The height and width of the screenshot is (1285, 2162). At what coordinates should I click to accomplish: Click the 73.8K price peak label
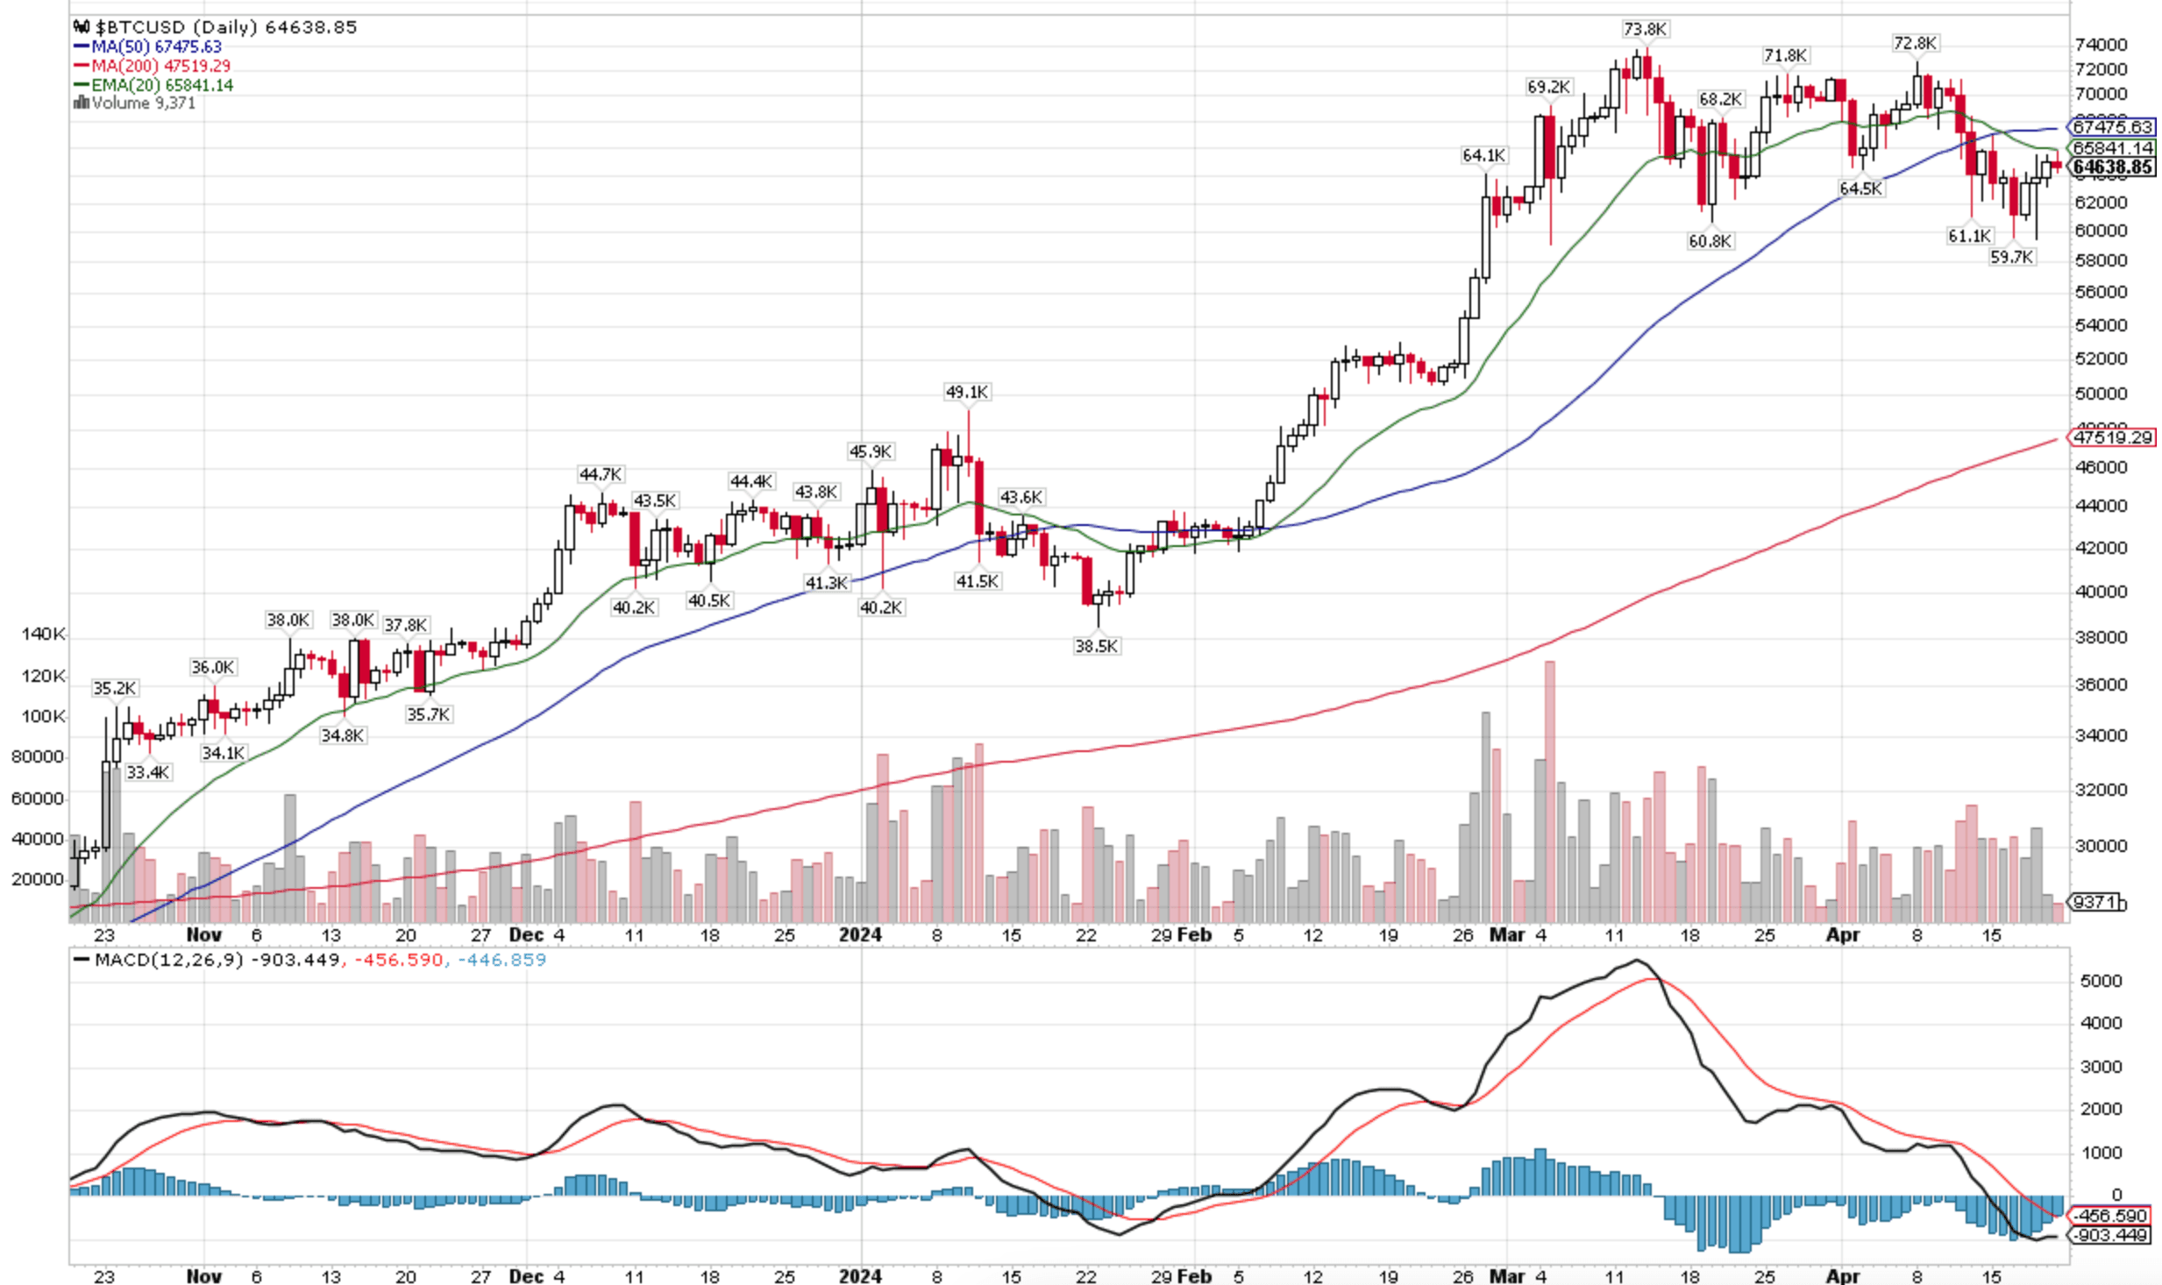tap(1644, 30)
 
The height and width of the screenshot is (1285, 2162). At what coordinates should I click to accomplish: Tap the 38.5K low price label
tap(1096, 646)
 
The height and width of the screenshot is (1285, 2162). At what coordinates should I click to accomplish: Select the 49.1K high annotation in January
tap(967, 392)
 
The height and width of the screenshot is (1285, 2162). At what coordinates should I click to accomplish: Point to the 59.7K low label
tap(2011, 257)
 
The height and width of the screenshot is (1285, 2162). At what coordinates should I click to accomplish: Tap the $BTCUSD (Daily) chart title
tap(175, 27)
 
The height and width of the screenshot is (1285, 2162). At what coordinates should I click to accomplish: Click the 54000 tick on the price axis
tap(2101, 325)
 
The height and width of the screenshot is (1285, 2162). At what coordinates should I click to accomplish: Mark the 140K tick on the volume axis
tap(43, 634)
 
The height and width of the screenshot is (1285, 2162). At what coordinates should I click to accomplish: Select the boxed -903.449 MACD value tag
tap(2111, 1235)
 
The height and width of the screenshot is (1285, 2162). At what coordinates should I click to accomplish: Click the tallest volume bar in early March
tap(1549, 789)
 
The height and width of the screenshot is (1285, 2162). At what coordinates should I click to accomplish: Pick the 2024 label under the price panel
tap(860, 934)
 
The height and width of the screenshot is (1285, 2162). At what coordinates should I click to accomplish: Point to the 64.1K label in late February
tap(1483, 155)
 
